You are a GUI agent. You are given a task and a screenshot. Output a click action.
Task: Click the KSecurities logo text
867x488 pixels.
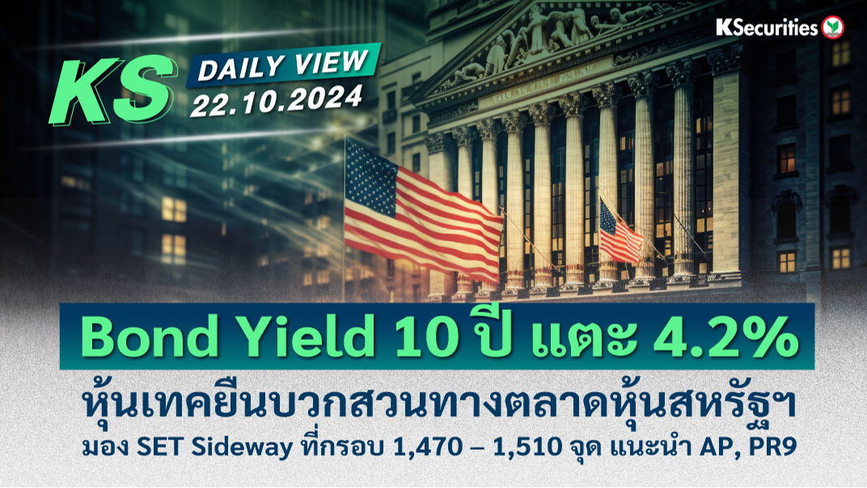pyautogui.click(x=767, y=28)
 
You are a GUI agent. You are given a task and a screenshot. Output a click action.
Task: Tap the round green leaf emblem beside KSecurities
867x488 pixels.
pyautogui.click(x=832, y=28)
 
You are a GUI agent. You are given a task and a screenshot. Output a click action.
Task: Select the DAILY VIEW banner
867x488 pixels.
pyautogui.click(x=283, y=65)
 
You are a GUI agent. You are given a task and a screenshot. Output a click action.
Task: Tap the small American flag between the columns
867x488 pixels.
pyautogui.click(x=621, y=233)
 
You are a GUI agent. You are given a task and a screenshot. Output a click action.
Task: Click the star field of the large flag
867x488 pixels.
pyautogui.click(x=370, y=169)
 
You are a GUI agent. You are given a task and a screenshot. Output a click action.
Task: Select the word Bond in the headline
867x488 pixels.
pyautogui.click(x=149, y=337)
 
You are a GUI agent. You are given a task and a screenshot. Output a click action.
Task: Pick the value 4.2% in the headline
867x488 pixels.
pyautogui.click(x=725, y=337)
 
